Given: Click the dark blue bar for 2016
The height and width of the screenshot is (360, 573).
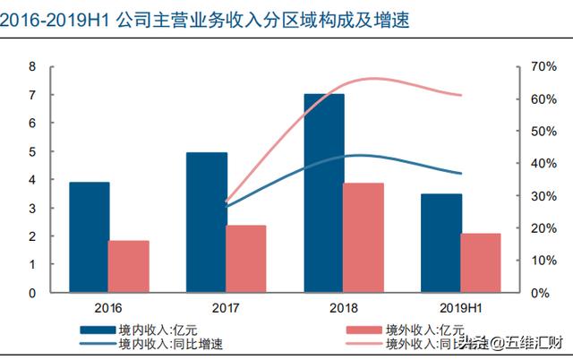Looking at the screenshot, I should point(89,237).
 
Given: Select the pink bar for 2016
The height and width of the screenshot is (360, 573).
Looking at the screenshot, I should point(129,266).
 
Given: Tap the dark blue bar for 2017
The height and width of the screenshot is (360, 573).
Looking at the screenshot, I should point(207,222).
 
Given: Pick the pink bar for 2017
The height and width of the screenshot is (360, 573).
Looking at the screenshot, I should point(246,259).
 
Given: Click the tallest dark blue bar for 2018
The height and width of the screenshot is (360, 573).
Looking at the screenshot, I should point(324,193).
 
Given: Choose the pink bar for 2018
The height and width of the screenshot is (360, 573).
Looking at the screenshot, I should point(363,237).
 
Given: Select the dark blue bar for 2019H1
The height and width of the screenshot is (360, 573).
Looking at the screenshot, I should point(441,243).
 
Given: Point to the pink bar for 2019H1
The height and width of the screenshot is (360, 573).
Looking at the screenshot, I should point(482,262).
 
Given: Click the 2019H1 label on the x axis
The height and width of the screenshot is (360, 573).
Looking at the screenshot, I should point(461,305).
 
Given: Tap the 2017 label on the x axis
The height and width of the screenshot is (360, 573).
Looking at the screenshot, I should point(226,305).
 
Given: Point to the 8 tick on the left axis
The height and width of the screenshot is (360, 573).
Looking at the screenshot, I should point(32,67).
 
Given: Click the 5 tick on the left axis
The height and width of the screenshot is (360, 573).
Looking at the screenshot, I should point(32,152).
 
